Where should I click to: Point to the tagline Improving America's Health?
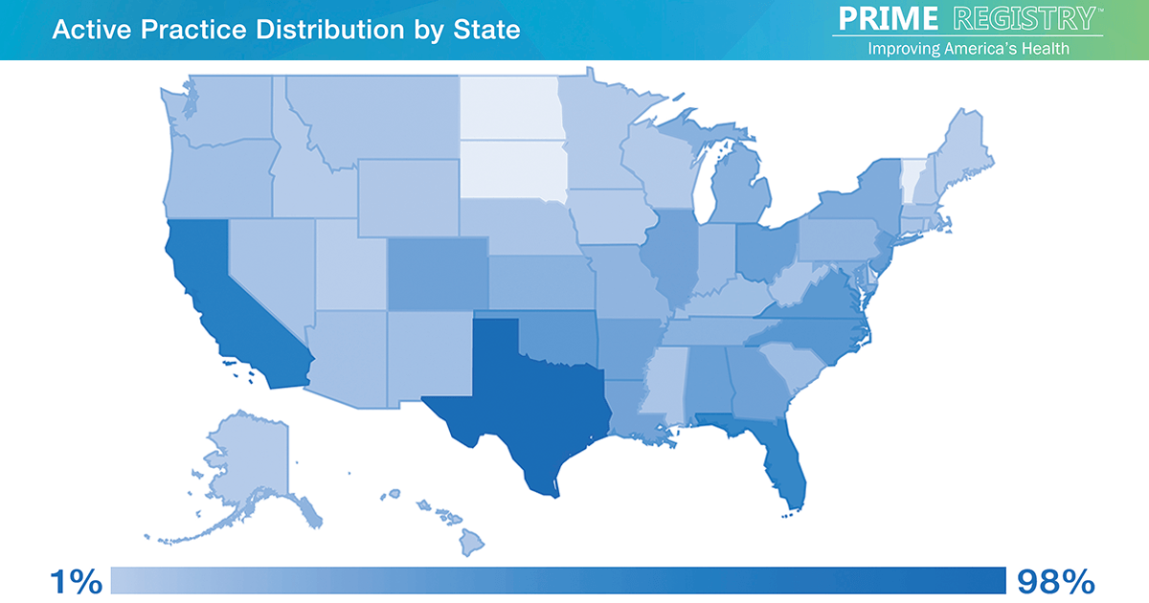pos(968,48)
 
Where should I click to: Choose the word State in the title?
pos(488,30)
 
